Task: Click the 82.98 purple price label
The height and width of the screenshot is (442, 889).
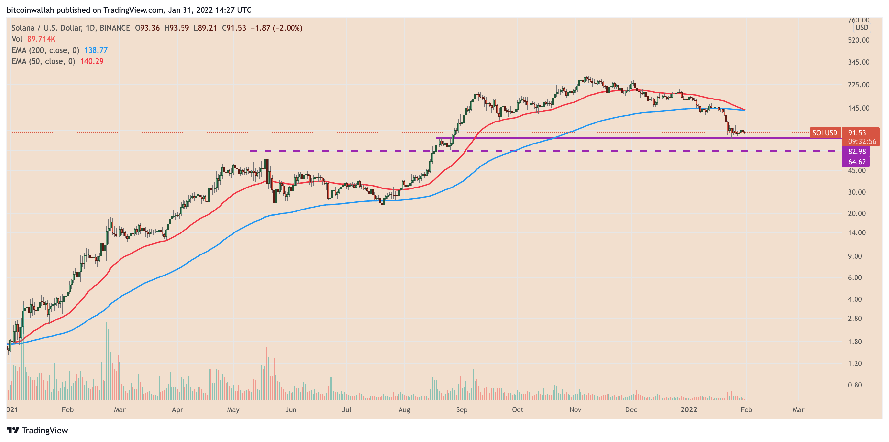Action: (x=856, y=151)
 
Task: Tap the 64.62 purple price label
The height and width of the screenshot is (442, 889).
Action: (x=856, y=162)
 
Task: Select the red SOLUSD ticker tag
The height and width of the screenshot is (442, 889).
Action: (x=824, y=133)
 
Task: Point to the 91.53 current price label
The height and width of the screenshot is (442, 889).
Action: (x=857, y=133)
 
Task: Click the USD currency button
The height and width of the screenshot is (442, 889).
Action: (x=862, y=28)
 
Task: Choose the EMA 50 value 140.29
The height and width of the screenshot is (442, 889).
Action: (x=92, y=61)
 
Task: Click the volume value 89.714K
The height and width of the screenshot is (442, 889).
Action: (x=41, y=39)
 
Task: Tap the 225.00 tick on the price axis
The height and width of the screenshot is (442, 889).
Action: (x=858, y=85)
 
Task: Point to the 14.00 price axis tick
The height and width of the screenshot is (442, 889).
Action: (x=856, y=233)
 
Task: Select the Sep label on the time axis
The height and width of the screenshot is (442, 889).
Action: (x=462, y=409)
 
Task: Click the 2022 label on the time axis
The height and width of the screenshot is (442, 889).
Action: (x=688, y=409)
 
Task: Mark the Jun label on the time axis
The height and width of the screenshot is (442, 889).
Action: (x=291, y=409)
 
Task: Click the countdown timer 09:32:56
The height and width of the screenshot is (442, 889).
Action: (x=862, y=141)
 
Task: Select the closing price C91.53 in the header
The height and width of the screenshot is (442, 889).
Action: (x=234, y=28)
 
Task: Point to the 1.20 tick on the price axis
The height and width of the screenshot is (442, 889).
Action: (x=855, y=363)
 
